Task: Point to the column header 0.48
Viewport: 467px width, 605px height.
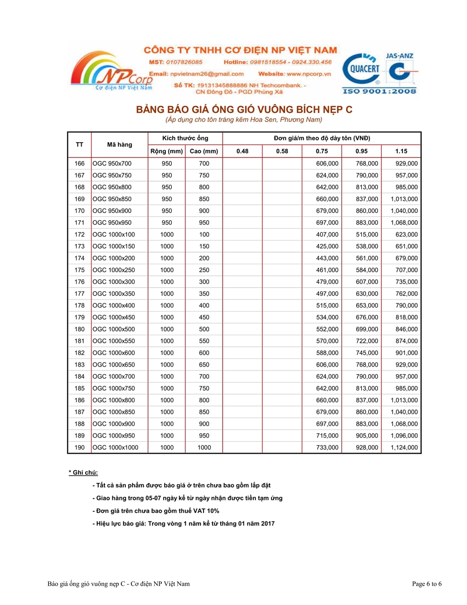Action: [x=242, y=151]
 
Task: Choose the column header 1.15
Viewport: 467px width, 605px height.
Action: [x=401, y=151]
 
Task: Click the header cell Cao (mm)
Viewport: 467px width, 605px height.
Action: [x=204, y=151]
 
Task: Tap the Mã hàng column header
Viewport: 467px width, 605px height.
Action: [x=119, y=145]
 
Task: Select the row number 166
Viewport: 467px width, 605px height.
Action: [x=79, y=163]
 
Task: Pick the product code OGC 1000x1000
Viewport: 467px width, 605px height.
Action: [x=115, y=447]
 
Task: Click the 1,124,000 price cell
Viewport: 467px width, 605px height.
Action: [x=403, y=447]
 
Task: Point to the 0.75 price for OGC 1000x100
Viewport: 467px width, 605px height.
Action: [x=327, y=234]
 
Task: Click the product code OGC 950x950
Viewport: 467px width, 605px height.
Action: [x=111, y=222]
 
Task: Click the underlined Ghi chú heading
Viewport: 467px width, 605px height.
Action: [x=83, y=472]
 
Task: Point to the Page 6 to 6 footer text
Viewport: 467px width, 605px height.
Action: [x=427, y=584]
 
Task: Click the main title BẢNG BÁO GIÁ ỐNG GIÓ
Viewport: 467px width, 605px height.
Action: [x=244, y=109]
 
